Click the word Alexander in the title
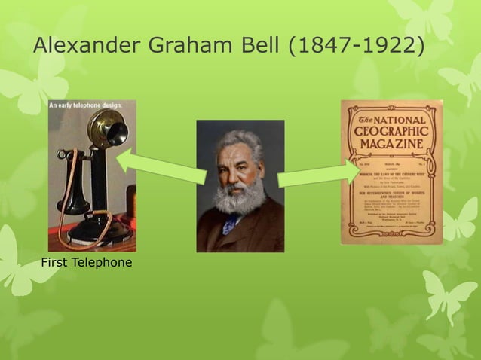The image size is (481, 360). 85,45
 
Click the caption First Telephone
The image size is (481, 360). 87,262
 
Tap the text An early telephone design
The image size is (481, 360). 85,105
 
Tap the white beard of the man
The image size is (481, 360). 240,197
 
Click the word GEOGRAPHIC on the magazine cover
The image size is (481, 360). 391,132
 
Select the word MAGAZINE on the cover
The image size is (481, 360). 391,144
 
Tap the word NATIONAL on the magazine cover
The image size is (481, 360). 400,119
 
